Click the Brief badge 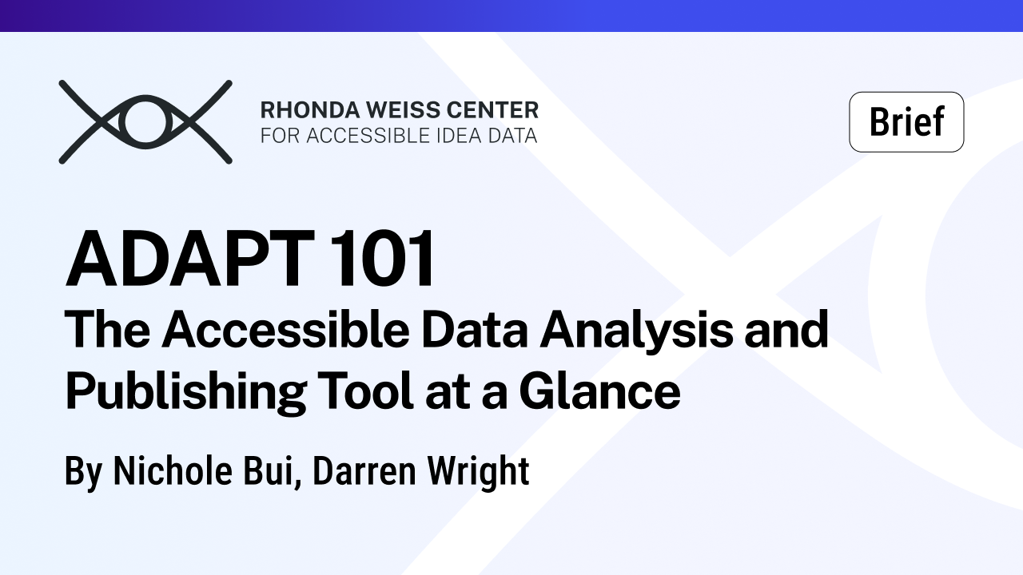point(906,122)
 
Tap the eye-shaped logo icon point(145,122)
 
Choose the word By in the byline point(83,471)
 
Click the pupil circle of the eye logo point(145,122)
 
